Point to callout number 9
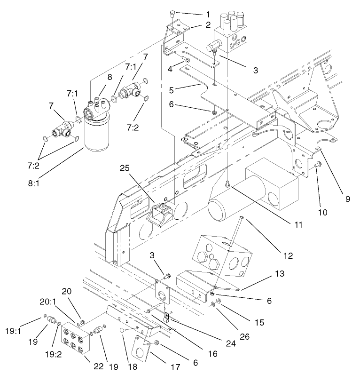(347, 199)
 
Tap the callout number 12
(288, 256)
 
